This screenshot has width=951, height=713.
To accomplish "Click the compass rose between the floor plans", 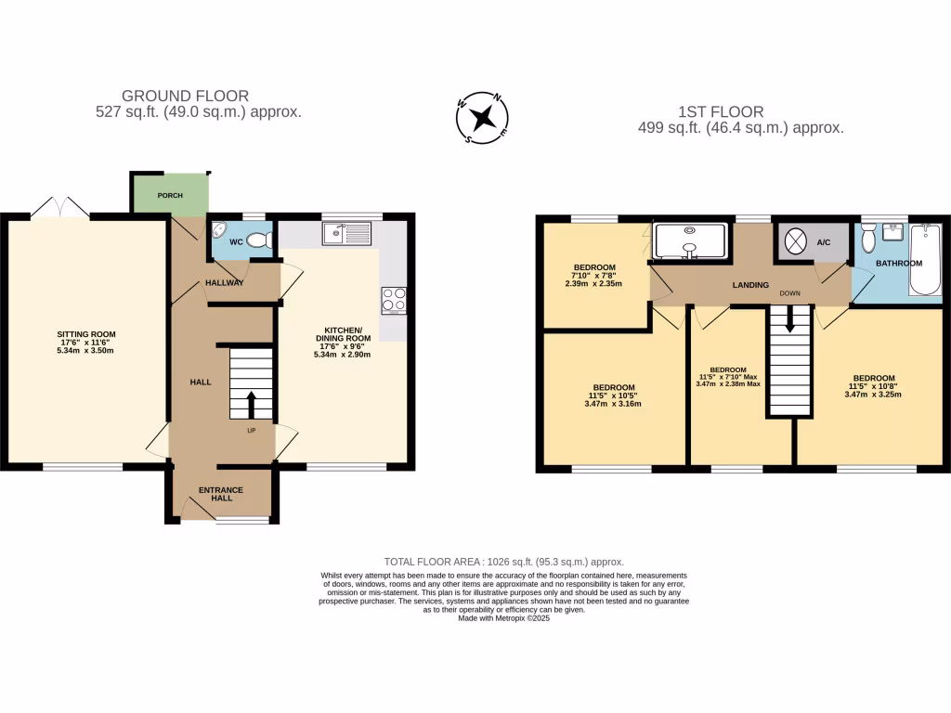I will pos(482,117).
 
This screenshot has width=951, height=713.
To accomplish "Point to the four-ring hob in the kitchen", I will pos(394,301).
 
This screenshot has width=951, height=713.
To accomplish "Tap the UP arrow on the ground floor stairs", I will pos(251,405).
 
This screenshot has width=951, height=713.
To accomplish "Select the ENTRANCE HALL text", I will pos(221,494).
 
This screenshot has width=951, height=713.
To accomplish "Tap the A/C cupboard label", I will pos(824,242).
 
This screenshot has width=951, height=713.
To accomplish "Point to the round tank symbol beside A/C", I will pos(797,242).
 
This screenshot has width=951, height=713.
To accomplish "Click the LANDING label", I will pos(750,285).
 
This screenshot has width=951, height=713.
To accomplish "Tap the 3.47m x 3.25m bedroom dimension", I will pos(874,395).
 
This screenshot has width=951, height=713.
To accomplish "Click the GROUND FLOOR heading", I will pos(186,96).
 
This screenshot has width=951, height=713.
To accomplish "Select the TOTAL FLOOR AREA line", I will pos(503,562).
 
